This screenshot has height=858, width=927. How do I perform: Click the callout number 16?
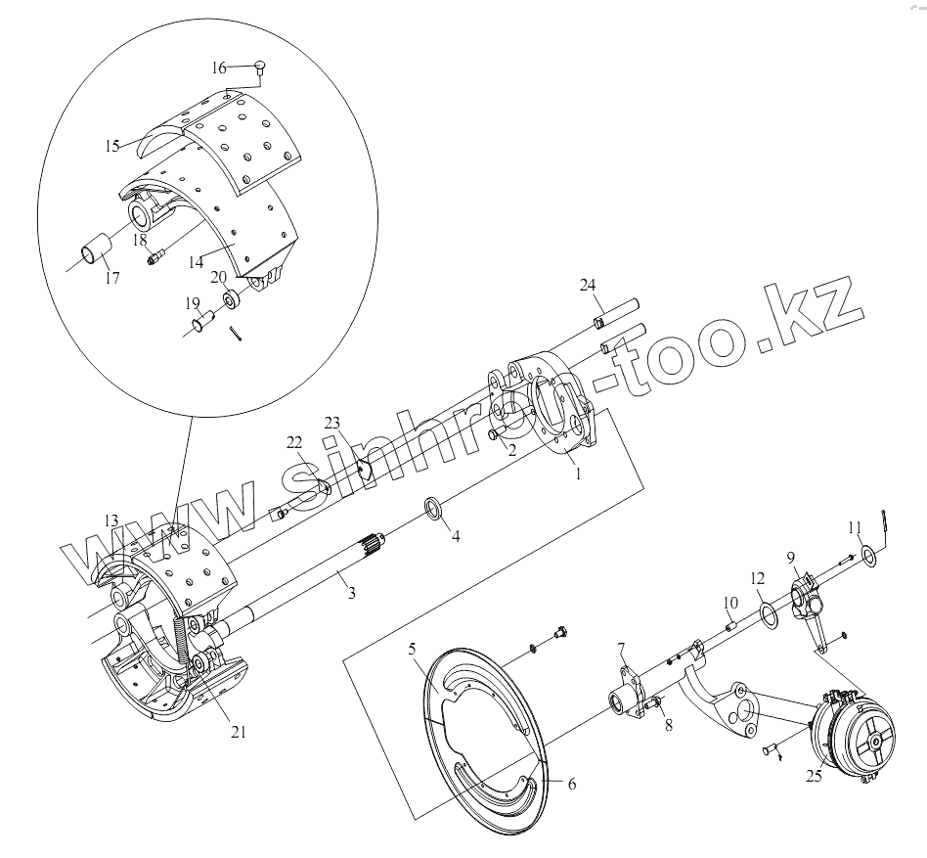218,68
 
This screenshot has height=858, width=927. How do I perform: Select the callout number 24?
587,286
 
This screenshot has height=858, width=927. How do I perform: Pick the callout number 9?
792,558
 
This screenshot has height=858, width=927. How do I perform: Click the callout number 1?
577,474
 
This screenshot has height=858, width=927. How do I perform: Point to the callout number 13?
110,519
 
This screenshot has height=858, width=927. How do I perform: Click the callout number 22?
294,443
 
